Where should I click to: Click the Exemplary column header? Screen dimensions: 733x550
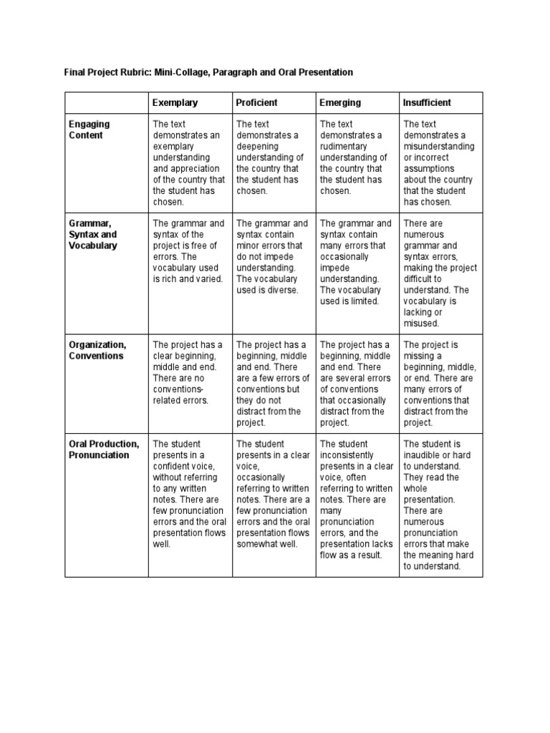tap(175, 103)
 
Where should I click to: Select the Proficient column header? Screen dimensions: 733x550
tap(256, 103)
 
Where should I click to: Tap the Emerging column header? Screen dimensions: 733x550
tap(340, 103)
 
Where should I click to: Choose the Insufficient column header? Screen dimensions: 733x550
tap(427, 103)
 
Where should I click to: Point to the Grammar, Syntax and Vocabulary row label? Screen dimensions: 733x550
tap(93, 234)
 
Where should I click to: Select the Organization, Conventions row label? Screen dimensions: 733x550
tap(97, 350)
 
